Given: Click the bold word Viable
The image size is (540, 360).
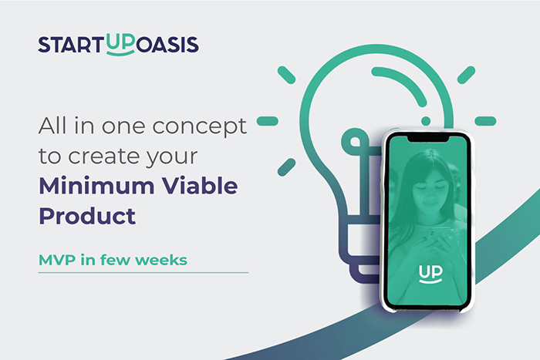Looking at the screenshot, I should (x=200, y=187).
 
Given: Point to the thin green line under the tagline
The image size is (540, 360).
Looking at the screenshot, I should (x=143, y=272).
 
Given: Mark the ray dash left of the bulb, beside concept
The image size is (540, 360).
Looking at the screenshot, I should (x=267, y=120).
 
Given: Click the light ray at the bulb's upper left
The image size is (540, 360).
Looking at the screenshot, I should (x=286, y=75).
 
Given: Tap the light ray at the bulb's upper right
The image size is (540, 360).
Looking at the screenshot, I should (x=466, y=75).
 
